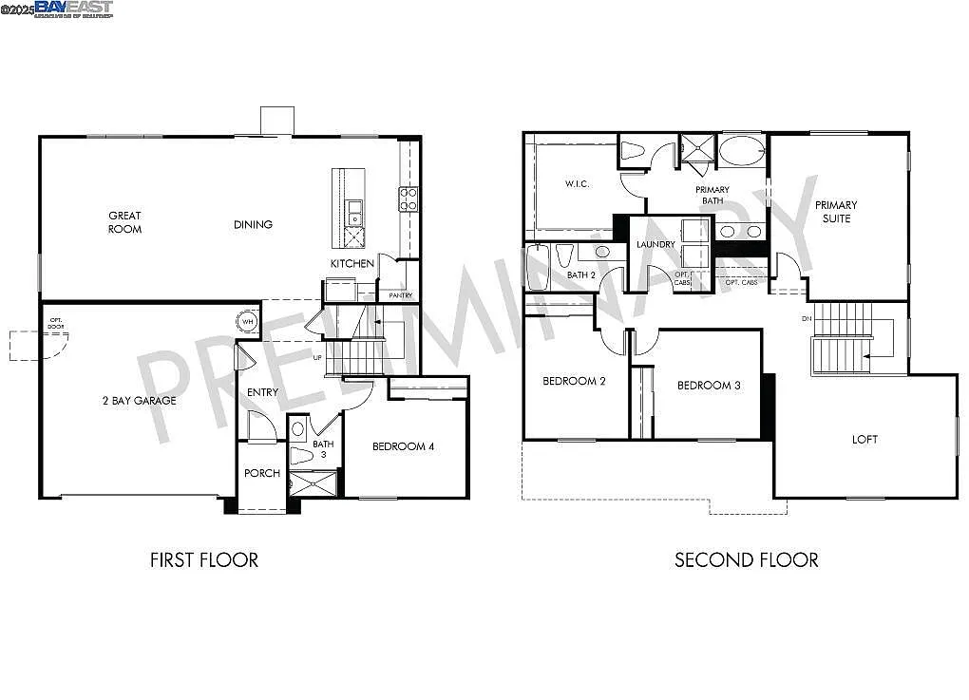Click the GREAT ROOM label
point(124,222)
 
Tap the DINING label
point(253,225)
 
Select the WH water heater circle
point(247,322)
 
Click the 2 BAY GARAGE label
point(139,401)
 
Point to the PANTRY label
point(400,295)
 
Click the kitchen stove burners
point(408,199)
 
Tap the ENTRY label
point(262,392)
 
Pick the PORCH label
point(261,473)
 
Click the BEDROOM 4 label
point(403,446)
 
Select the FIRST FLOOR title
point(203,559)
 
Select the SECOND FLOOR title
point(746,559)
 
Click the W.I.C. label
point(577,183)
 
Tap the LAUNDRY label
point(655,244)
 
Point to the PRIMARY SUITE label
point(836,211)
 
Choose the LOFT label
point(864,439)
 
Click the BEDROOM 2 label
point(574,381)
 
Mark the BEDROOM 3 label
point(709,385)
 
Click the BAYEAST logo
point(73,9)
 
